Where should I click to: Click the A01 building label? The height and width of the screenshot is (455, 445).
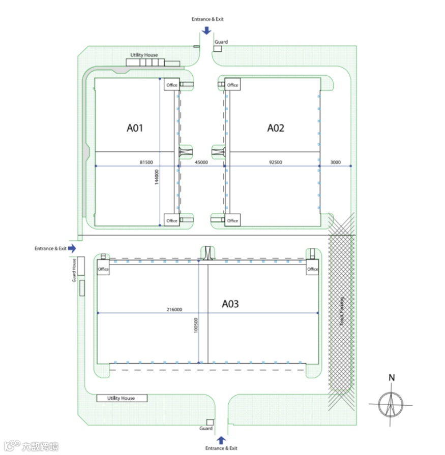pyautogui.click(x=135, y=128)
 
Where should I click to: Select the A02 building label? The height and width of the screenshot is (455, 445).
pyautogui.click(x=276, y=128)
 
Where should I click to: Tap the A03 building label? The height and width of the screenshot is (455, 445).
pyautogui.click(x=230, y=304)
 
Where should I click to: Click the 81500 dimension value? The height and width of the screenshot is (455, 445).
pyautogui.click(x=146, y=162)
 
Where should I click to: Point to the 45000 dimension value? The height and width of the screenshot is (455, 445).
pyautogui.click(x=201, y=162)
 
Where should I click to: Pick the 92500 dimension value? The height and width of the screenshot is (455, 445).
pyautogui.click(x=276, y=162)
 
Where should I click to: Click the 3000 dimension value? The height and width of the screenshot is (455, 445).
pyautogui.click(x=335, y=162)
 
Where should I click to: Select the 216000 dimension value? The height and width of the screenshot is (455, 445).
pyautogui.click(x=174, y=309)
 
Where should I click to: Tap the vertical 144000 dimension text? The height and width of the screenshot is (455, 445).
pyautogui.click(x=157, y=177)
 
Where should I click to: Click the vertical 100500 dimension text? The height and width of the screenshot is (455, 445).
pyautogui.click(x=196, y=326)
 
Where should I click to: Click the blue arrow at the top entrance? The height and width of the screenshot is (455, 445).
pyautogui.click(x=206, y=30)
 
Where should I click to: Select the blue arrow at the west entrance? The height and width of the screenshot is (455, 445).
pyautogui.click(x=72, y=248)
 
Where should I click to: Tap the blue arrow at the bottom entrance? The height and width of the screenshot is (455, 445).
pyautogui.click(x=221, y=440)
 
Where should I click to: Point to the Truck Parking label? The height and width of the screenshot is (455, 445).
pyautogui.click(x=342, y=311)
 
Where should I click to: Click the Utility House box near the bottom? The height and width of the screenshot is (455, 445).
pyautogui.click(x=122, y=398)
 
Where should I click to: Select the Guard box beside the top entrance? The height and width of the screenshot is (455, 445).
pyautogui.click(x=217, y=48)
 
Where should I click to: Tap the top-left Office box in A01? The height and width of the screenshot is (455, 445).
pyautogui.click(x=172, y=85)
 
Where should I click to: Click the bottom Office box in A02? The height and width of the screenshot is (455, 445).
pyautogui.click(x=232, y=220)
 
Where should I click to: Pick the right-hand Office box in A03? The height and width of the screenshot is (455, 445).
pyautogui.click(x=312, y=269)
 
